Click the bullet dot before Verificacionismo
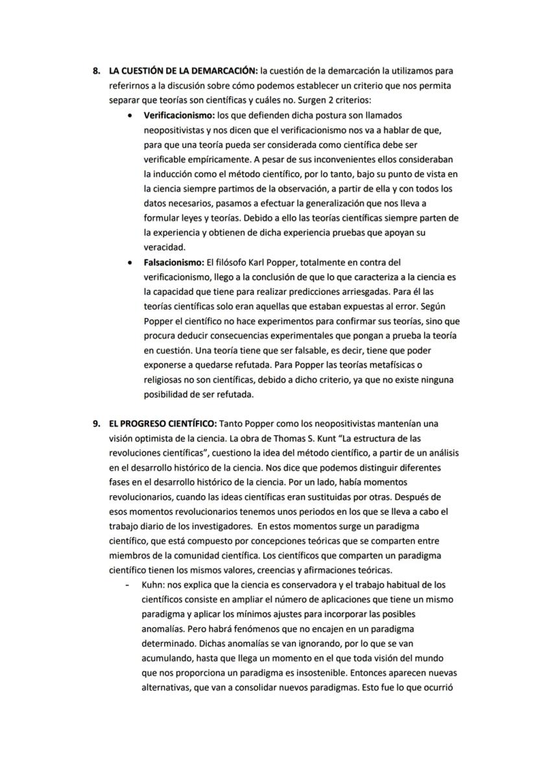pos(131,115)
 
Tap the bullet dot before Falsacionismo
pos(131,263)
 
